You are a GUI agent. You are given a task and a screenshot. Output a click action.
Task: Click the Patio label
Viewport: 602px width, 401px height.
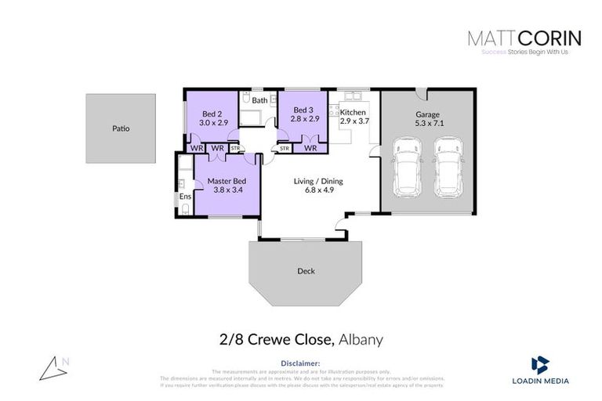pos(120,128)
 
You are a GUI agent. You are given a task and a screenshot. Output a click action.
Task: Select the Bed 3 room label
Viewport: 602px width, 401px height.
pos(304,110)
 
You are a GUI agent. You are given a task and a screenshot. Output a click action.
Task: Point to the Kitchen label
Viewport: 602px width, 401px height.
pos(354,113)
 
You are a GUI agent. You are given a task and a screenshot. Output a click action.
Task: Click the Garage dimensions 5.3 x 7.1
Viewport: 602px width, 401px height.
pos(427,123)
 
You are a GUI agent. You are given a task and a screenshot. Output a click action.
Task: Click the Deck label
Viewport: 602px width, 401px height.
pos(306,272)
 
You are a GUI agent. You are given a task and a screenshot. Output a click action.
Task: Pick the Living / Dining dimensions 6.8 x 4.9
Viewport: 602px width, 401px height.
pos(318,190)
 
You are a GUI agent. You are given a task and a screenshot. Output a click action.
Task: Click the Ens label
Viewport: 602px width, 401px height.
pos(185,197)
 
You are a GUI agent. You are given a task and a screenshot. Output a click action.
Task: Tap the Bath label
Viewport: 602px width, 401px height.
pos(259,100)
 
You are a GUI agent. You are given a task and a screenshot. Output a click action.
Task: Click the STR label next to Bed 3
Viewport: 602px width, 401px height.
pos(284,147)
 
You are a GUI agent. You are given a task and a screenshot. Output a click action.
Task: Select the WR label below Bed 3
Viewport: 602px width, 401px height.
pos(310,147)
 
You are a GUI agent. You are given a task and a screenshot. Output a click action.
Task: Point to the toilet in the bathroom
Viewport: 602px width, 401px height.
pos(245,99)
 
